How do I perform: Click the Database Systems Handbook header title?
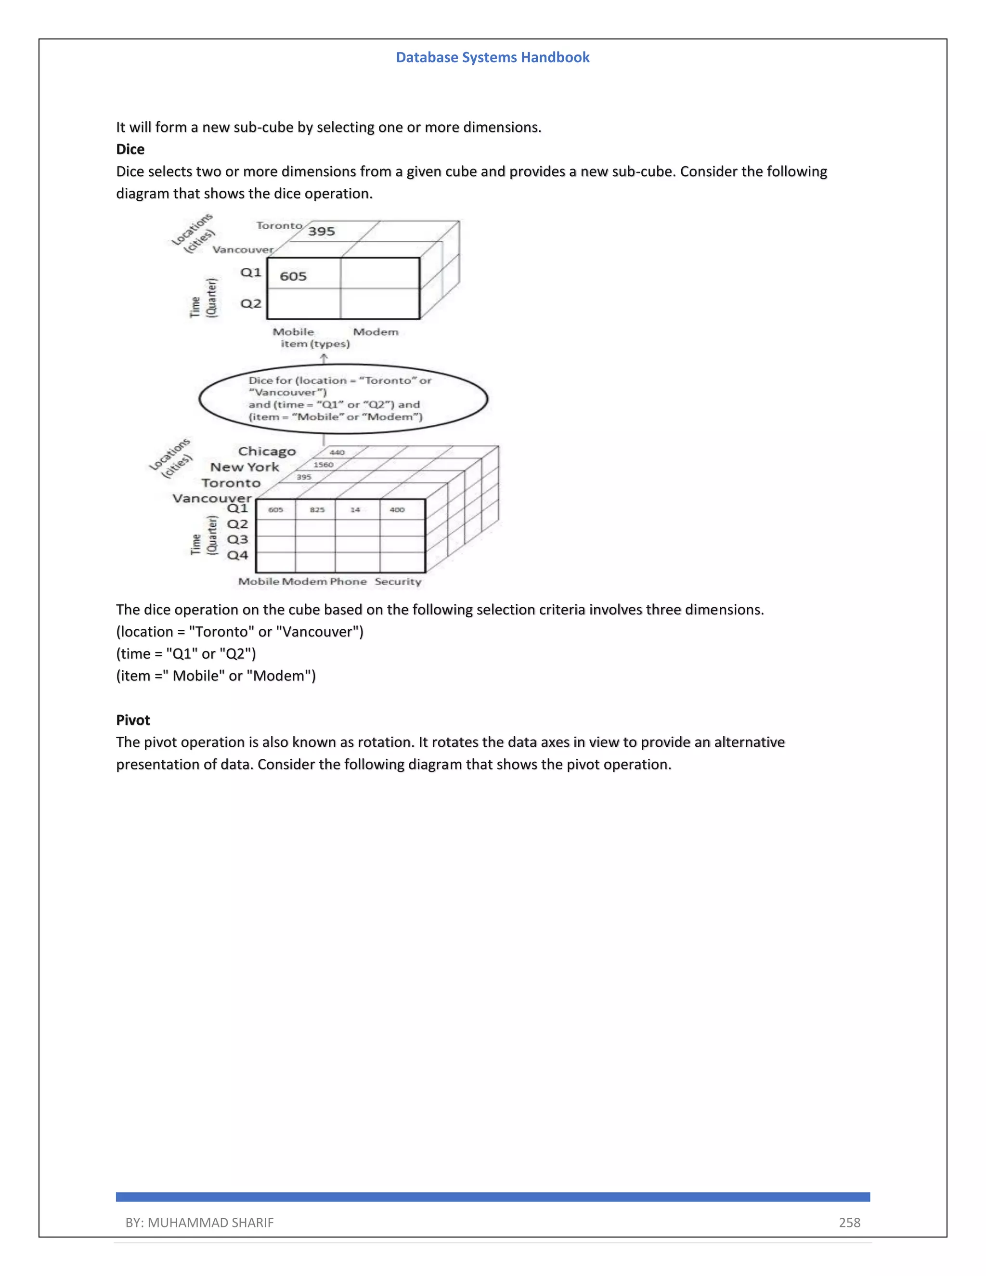click(x=493, y=57)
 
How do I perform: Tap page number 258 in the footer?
click(x=849, y=1222)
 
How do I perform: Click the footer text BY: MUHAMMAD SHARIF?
click(x=199, y=1222)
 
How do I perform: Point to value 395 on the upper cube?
click(x=321, y=231)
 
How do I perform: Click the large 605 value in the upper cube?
click(x=293, y=276)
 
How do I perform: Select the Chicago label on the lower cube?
click(x=267, y=452)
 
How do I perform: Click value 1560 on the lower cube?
click(x=323, y=465)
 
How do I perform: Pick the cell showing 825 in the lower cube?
click(x=317, y=510)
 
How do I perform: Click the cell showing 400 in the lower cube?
click(x=397, y=510)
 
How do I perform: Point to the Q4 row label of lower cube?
click(x=237, y=555)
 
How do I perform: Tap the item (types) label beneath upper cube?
click(x=315, y=344)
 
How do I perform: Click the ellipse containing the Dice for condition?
click(x=343, y=399)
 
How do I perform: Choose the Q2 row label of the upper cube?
click(x=251, y=304)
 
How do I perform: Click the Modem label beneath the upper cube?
click(x=376, y=332)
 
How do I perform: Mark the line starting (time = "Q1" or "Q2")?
click(x=186, y=654)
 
